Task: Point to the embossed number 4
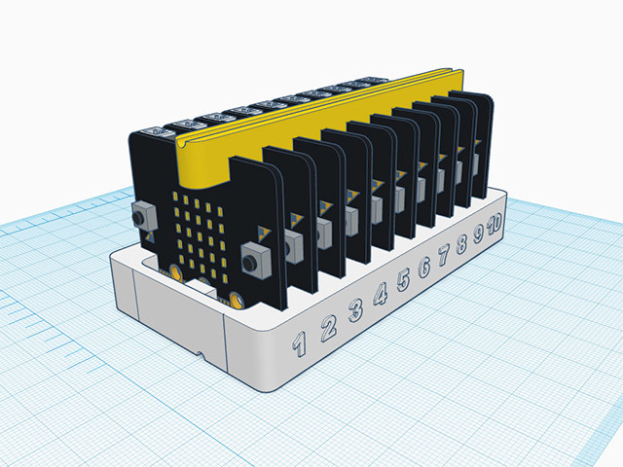[381, 295]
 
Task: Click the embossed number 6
[424, 268]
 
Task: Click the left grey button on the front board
[143, 216]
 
